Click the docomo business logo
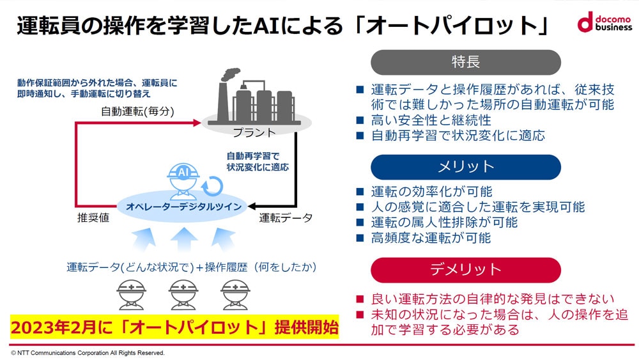click(604, 22)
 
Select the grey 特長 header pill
click(465, 62)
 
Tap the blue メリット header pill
click(465, 167)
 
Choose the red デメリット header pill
click(465, 269)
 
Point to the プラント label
click(254, 132)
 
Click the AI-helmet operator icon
click(183, 182)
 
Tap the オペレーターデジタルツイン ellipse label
click(183, 207)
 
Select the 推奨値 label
click(93, 217)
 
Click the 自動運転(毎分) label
click(138, 111)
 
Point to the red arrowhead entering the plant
click(197, 122)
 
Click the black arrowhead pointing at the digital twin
click(252, 207)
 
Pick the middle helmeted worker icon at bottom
click(183, 294)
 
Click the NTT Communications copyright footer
click(88, 353)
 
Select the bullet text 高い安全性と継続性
click(431, 120)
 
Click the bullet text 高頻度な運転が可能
click(431, 238)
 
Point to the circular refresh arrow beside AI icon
click(213, 187)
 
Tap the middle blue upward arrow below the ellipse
click(184, 240)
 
